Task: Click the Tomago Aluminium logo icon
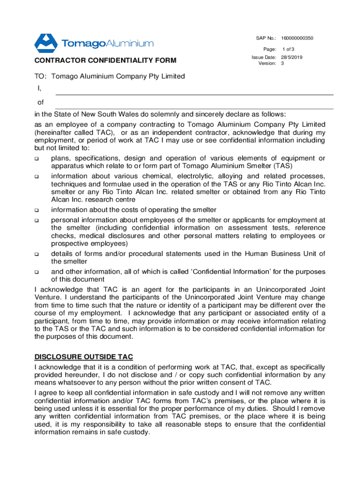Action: click(x=45, y=43)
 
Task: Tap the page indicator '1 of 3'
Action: click(x=288, y=49)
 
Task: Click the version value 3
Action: click(x=282, y=63)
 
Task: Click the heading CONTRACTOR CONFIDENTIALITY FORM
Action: click(x=105, y=60)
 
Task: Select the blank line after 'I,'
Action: click(x=194, y=94)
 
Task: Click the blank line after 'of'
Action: click(x=194, y=108)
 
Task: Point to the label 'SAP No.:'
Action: click(x=266, y=37)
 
